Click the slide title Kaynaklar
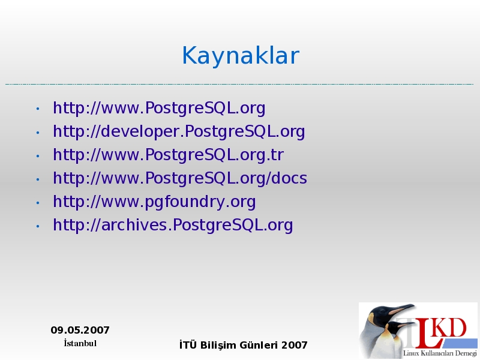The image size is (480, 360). tap(241, 55)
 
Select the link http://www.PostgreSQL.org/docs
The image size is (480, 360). tap(180, 178)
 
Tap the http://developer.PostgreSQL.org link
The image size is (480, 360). tap(179, 132)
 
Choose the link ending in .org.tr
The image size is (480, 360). tap(169, 155)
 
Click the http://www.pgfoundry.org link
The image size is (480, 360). tap(154, 202)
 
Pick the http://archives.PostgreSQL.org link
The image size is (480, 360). tap(173, 226)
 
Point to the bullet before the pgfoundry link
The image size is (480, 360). tap(38, 203)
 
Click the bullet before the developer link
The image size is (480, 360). tap(38, 133)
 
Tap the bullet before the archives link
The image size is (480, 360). tap(38, 226)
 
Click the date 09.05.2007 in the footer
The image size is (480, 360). tap(80, 330)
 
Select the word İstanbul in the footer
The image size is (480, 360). tap(80, 343)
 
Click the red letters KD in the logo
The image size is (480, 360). tap(451, 328)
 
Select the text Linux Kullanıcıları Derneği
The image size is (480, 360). tap(440, 353)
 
